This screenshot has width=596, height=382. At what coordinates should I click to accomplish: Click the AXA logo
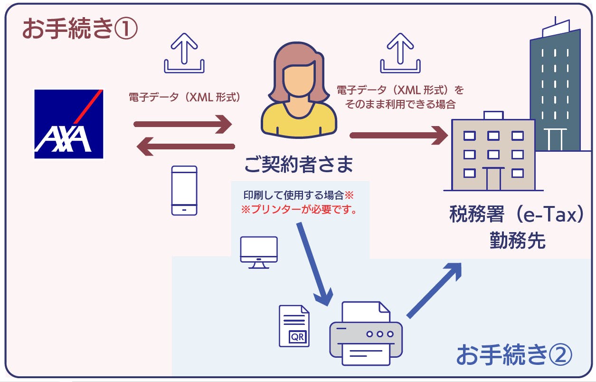click(68, 124)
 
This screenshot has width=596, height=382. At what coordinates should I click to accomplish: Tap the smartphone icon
click(184, 191)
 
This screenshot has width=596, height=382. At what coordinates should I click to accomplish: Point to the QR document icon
click(294, 326)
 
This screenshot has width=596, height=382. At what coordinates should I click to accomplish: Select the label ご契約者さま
click(299, 165)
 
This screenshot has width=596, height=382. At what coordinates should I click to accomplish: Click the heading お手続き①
click(80, 29)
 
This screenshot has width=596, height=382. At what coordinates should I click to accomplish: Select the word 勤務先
click(517, 241)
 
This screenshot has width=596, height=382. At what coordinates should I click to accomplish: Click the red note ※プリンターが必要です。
click(299, 210)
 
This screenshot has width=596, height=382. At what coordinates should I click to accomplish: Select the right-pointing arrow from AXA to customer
click(183, 125)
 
